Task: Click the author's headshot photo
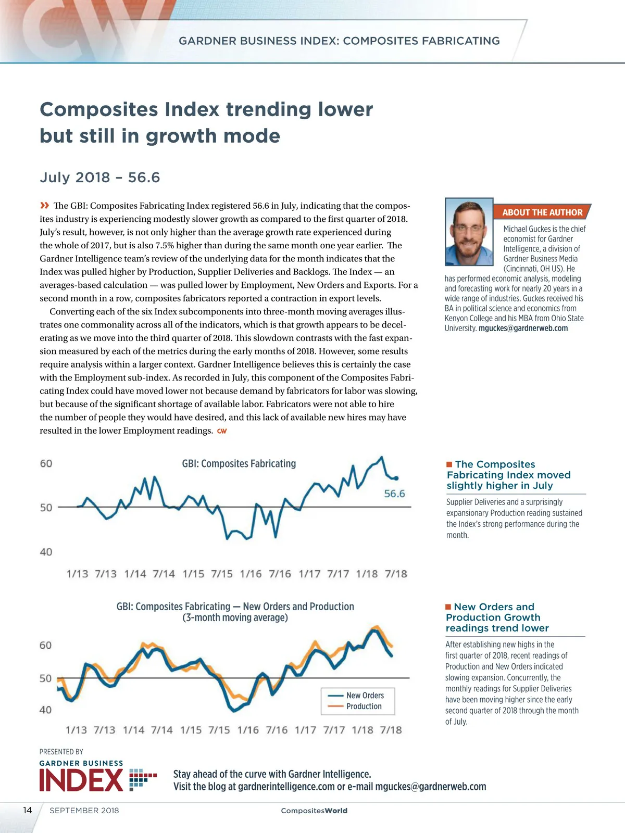click(x=469, y=232)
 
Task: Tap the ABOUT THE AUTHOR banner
click(x=542, y=212)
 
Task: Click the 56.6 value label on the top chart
click(x=394, y=494)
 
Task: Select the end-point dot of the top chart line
click(x=396, y=478)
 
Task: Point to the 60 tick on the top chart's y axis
click(x=46, y=463)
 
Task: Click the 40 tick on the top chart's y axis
click(x=46, y=552)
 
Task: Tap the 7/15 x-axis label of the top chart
click(x=222, y=574)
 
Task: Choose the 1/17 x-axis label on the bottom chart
click(x=305, y=730)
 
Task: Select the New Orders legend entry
click(x=365, y=696)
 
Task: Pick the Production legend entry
click(x=364, y=706)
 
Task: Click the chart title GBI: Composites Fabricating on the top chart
click(x=239, y=463)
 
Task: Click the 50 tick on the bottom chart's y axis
click(x=46, y=678)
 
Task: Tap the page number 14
click(x=28, y=810)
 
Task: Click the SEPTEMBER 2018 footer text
click(x=84, y=811)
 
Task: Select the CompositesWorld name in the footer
click(x=314, y=811)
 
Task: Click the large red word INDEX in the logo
click(x=81, y=780)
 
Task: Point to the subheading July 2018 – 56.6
click(x=99, y=178)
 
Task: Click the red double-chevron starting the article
click(x=45, y=205)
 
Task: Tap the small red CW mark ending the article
click(x=222, y=431)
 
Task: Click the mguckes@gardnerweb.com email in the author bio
click(x=523, y=329)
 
